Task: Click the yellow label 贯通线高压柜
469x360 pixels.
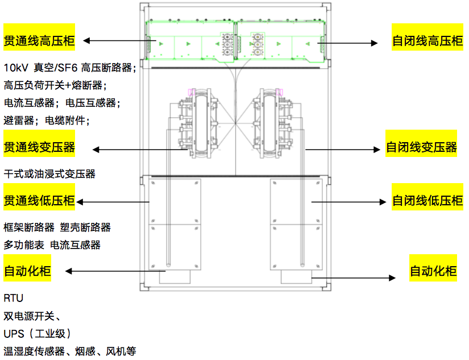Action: click(x=39, y=40)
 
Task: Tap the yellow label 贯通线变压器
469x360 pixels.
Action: click(x=39, y=148)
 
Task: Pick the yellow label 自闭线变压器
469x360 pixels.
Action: click(x=421, y=148)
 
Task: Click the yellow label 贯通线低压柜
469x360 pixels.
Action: click(x=39, y=200)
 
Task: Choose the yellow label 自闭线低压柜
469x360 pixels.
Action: click(x=428, y=200)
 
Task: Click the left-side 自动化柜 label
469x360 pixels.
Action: click(x=27, y=271)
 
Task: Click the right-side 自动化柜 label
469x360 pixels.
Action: click(x=433, y=271)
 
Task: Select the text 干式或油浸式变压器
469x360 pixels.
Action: click(x=49, y=174)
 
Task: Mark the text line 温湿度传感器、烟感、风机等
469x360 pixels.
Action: click(x=70, y=351)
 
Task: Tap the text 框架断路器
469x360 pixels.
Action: click(x=29, y=227)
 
